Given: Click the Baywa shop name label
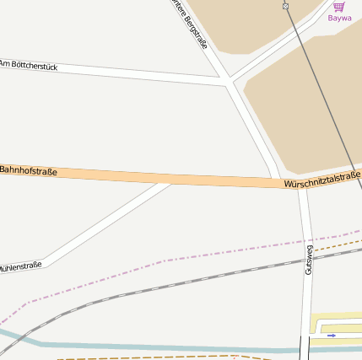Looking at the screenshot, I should (339, 18).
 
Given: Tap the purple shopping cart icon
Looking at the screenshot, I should (338, 6).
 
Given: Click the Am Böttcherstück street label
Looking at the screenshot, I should (29, 65).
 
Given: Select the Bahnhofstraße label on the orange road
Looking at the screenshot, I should (29, 171).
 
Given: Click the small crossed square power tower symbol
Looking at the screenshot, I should (286, 6).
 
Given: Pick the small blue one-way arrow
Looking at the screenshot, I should (332, 335).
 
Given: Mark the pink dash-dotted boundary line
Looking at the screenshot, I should (169, 261).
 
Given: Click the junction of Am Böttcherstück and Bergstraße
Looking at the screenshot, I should (230, 82).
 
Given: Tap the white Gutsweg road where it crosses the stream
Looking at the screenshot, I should (305, 348).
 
